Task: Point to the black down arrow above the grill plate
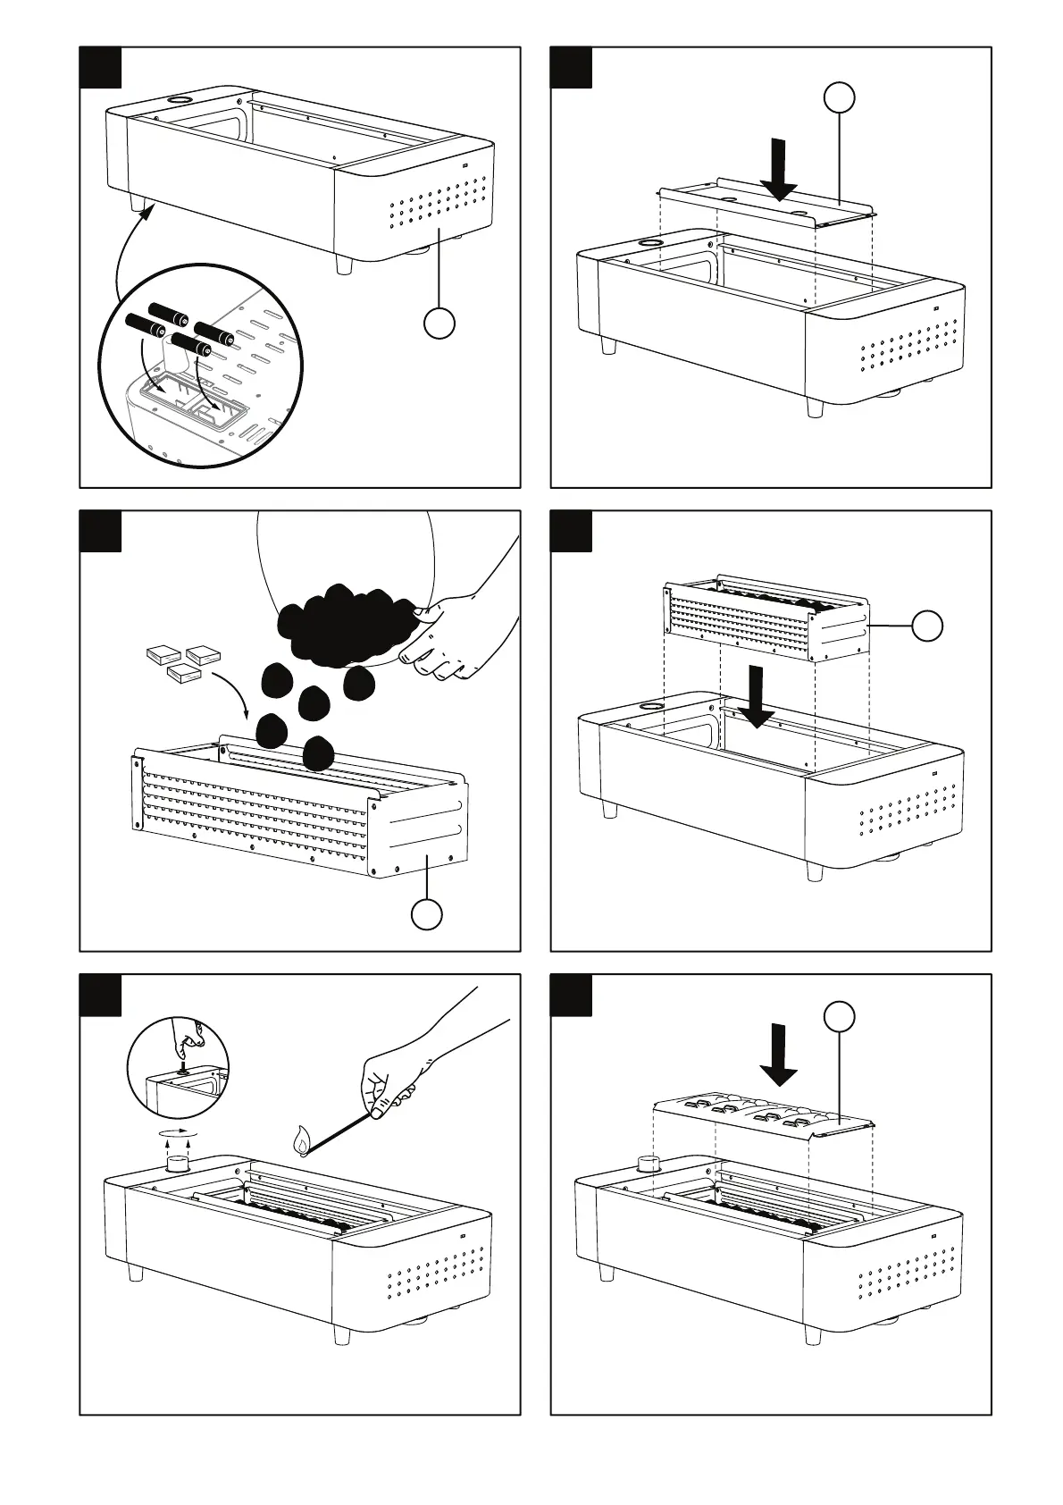coord(779,1055)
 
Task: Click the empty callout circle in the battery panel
coord(439,323)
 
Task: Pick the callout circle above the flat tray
coord(839,98)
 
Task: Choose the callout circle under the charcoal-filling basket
coord(426,914)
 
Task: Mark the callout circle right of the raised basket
coord(927,626)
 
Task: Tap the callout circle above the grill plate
coord(839,1016)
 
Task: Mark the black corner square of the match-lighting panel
coord(100,995)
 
